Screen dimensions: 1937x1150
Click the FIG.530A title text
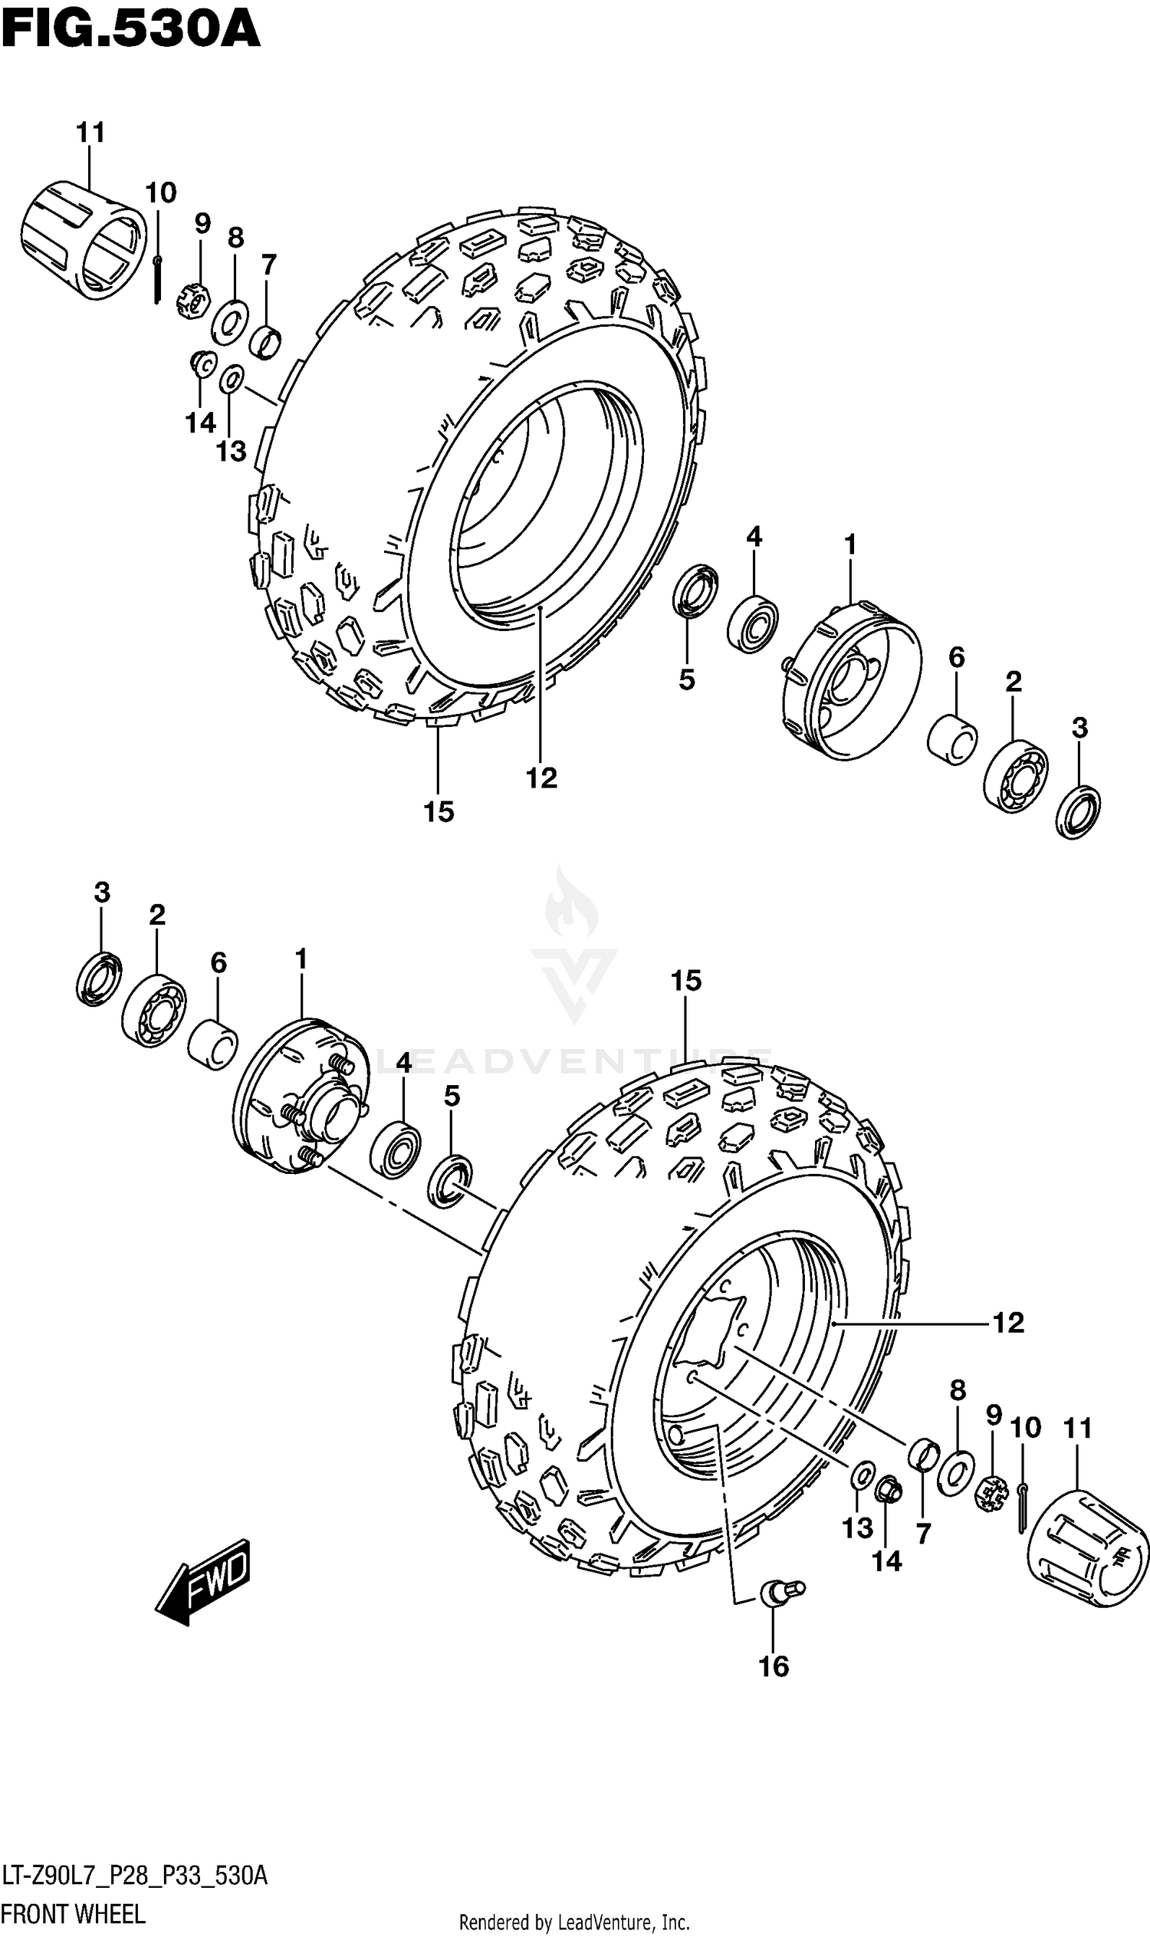pyautogui.click(x=130, y=31)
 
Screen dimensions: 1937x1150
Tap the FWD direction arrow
pyautogui.click(x=203, y=1581)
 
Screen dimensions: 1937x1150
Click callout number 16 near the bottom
pyautogui.click(x=774, y=1665)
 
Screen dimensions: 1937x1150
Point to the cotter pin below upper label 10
pyautogui.click(x=157, y=279)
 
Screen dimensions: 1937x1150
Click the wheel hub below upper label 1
pyautogui.click(x=851, y=680)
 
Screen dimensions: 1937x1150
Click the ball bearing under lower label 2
pyautogui.click(x=154, y=1011)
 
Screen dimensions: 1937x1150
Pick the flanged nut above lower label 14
pyautogui.click(x=888, y=1489)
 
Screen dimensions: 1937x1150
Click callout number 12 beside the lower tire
pyautogui.click(x=1007, y=1322)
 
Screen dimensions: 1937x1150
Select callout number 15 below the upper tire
pyautogui.click(x=438, y=811)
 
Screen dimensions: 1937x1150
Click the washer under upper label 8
pyautogui.click(x=229, y=321)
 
